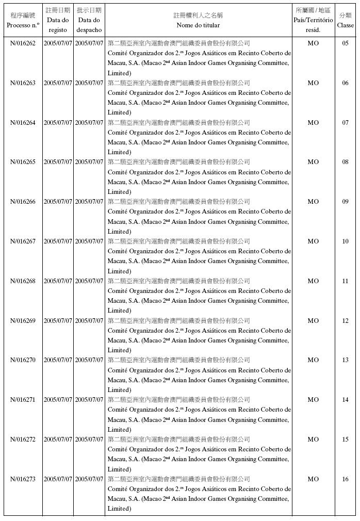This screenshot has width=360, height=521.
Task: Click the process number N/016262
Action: [23, 43]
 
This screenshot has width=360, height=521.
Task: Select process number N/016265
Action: [23, 162]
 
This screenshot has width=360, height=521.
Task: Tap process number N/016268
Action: [23, 281]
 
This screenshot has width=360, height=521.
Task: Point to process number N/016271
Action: [23, 400]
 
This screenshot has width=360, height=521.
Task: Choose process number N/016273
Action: [23, 479]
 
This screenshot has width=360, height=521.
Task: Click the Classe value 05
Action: [345, 43]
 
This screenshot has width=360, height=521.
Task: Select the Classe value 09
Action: [345, 202]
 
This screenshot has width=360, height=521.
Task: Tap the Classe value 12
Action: [345, 321]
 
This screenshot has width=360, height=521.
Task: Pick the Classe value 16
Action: [345, 479]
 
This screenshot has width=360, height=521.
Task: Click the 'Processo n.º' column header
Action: [23, 25]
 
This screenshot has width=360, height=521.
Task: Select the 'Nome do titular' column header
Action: [198, 25]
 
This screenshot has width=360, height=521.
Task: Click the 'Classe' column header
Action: [345, 25]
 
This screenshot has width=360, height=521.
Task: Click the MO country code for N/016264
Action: [313, 123]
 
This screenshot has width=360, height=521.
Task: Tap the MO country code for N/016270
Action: [313, 360]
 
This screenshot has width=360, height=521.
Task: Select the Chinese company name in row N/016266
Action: [178, 202]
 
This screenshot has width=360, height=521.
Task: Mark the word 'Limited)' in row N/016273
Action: [120, 509]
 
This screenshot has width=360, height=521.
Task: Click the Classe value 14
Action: [345, 400]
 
